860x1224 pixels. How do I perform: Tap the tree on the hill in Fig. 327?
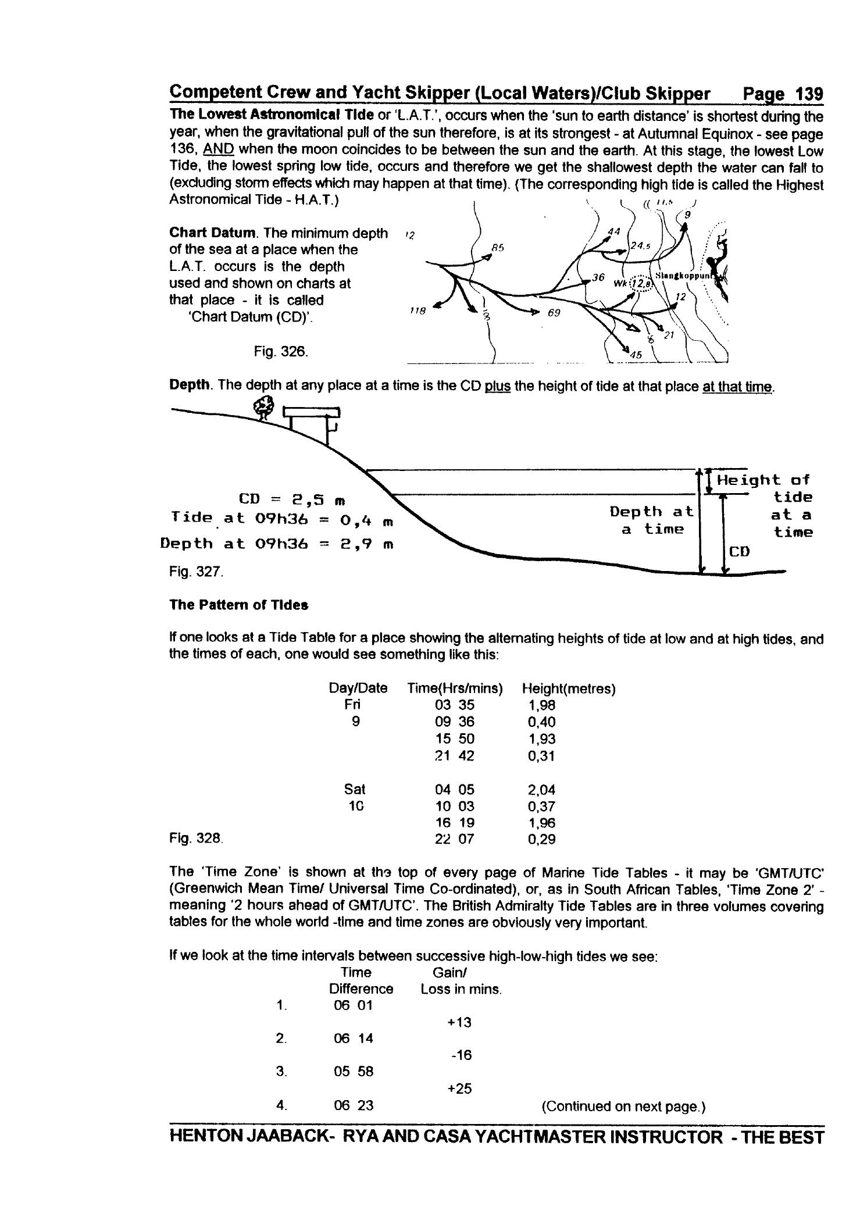coord(265,406)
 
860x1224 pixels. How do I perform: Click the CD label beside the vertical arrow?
coord(739,551)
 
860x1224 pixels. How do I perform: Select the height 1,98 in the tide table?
coord(541,705)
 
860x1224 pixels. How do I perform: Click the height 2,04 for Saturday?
coord(541,790)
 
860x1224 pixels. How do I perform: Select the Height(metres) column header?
coord(568,688)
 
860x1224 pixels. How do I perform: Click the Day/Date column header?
coord(358,688)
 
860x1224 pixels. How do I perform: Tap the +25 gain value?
coord(459,1089)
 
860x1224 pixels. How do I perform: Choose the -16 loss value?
coord(461,1055)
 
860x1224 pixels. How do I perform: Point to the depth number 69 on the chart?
coord(554,313)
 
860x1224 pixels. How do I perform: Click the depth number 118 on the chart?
coord(417,311)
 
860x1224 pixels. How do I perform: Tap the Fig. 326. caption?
coord(281,352)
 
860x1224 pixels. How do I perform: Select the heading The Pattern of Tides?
coord(238,605)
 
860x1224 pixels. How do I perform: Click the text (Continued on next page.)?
coord(623,1106)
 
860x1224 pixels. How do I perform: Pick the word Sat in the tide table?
coord(355,790)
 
